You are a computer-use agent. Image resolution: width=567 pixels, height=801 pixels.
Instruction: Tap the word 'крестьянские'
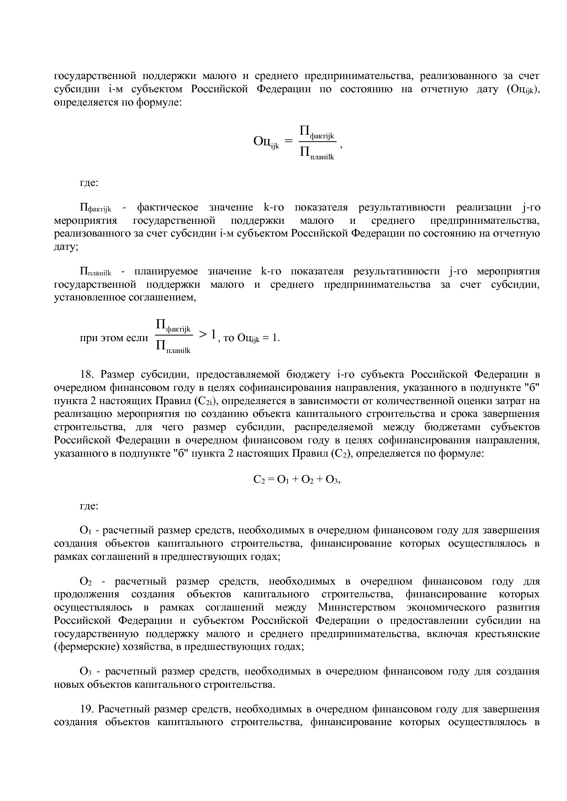tap(508, 634)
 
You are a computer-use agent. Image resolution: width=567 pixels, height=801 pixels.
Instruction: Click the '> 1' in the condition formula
tap(207, 335)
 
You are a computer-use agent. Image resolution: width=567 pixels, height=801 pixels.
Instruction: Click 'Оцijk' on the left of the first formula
tap(266, 142)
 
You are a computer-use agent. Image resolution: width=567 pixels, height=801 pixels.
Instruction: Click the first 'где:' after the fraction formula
tap(89, 183)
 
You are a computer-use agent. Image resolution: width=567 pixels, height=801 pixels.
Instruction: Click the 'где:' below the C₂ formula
tap(89, 506)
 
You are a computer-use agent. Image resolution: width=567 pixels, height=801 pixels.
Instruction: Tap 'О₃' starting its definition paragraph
tap(86, 672)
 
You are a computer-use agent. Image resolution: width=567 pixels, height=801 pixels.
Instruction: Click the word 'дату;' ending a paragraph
tap(66, 247)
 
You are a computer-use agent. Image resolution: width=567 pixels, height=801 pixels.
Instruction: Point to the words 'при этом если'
tap(114, 338)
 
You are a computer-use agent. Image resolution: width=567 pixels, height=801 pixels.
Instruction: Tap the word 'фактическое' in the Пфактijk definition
tap(167, 208)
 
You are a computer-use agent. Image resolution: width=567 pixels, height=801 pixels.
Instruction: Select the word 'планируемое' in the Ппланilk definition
tap(166, 272)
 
